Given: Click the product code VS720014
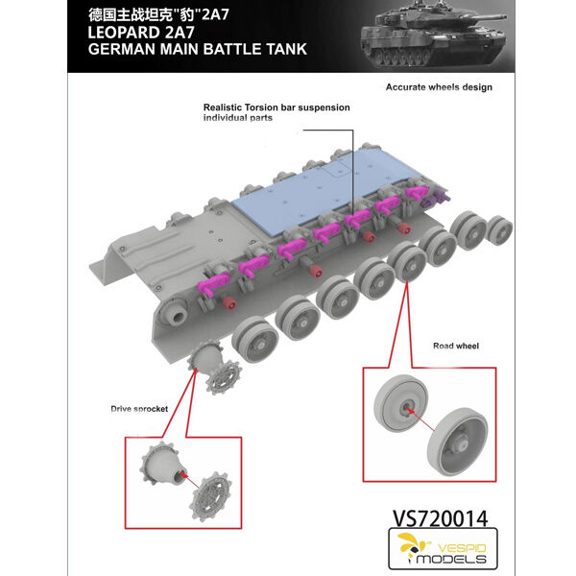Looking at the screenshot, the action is [440, 518].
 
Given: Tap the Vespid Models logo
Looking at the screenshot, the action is [443, 548].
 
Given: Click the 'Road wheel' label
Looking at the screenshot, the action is [456, 346].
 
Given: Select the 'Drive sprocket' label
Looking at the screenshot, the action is [139, 409].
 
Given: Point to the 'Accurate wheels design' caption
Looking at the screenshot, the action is [439, 87].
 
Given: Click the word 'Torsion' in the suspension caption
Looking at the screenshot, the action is [260, 108].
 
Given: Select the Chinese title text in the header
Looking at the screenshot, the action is [158, 15].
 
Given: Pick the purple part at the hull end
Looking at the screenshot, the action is [435, 200].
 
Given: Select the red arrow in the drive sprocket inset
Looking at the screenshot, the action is [190, 481].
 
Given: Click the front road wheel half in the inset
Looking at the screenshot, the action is [457, 440].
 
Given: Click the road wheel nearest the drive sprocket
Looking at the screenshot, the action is [255, 340].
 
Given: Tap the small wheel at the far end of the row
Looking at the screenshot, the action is [500, 230].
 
